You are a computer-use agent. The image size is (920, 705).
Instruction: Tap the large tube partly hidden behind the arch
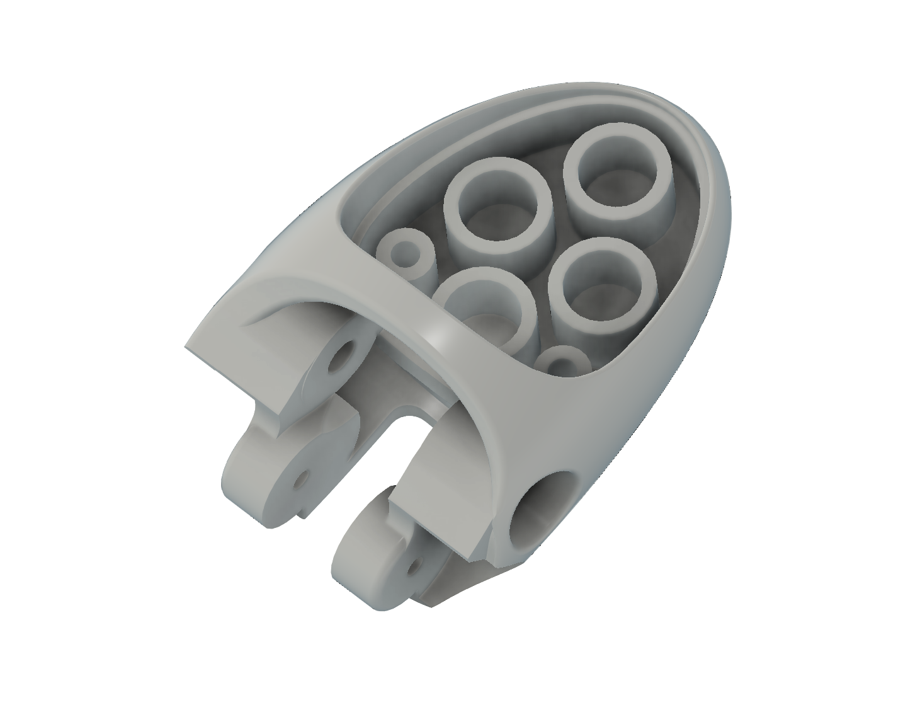point(485,302)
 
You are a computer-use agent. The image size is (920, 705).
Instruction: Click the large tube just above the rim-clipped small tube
point(598,290)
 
